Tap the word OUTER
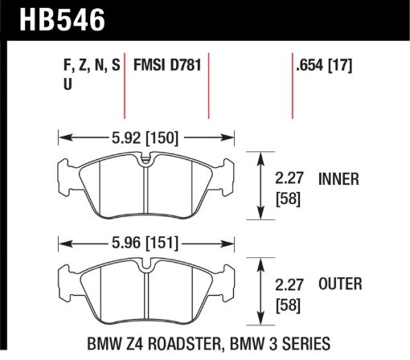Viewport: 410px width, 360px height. coord(340,283)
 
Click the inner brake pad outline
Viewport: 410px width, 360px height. coord(145,185)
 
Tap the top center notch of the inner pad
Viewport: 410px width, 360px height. coord(145,161)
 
